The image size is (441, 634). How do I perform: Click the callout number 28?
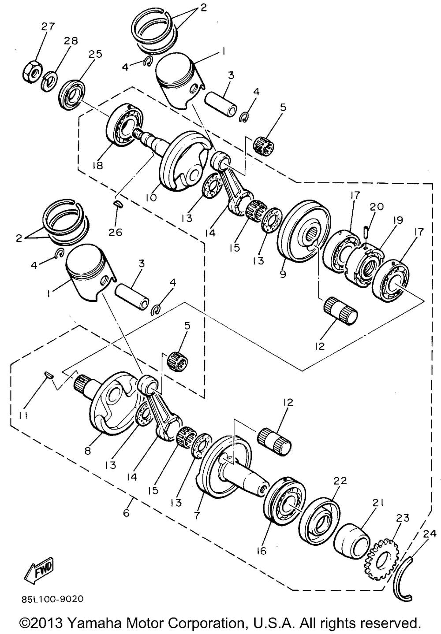pos(71,41)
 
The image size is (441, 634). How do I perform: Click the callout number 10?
pos(151,198)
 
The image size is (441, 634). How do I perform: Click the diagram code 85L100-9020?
pos(52,600)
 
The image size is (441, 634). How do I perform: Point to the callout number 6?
pos(127,513)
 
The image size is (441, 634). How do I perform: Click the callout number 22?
pos(341,480)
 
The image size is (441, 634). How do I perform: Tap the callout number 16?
pos(262,551)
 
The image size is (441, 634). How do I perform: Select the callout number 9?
pos(283,274)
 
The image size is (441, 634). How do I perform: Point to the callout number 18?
pos(97,165)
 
